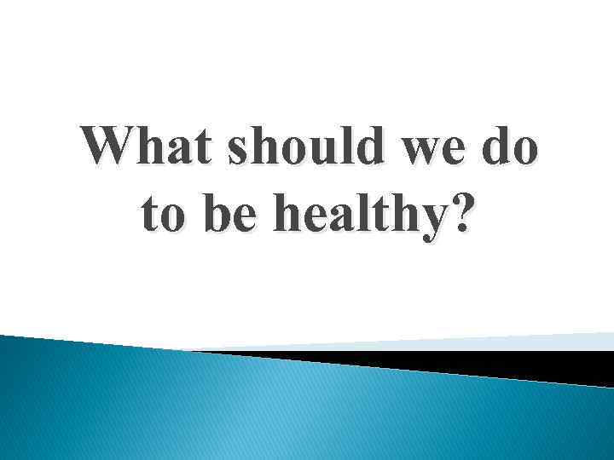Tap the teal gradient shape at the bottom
coord(256,409)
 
